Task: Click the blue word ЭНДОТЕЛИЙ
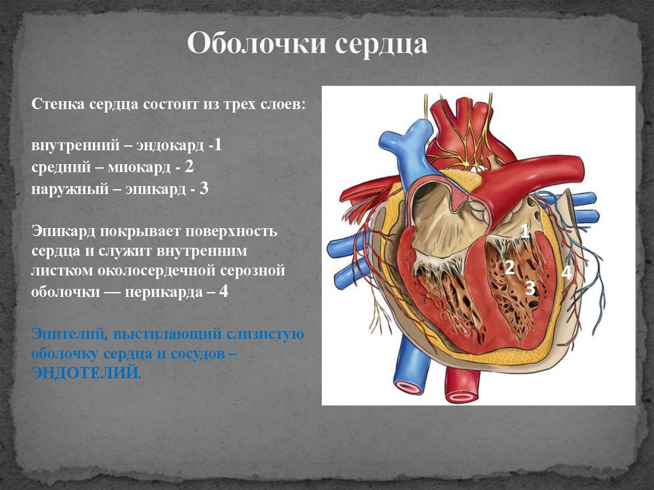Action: [84, 372]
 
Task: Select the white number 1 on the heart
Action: [525, 231]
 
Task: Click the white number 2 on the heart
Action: [509, 268]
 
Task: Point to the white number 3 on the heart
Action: [529, 289]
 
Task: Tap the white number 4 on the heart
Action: [566, 273]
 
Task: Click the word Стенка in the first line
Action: [53, 103]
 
